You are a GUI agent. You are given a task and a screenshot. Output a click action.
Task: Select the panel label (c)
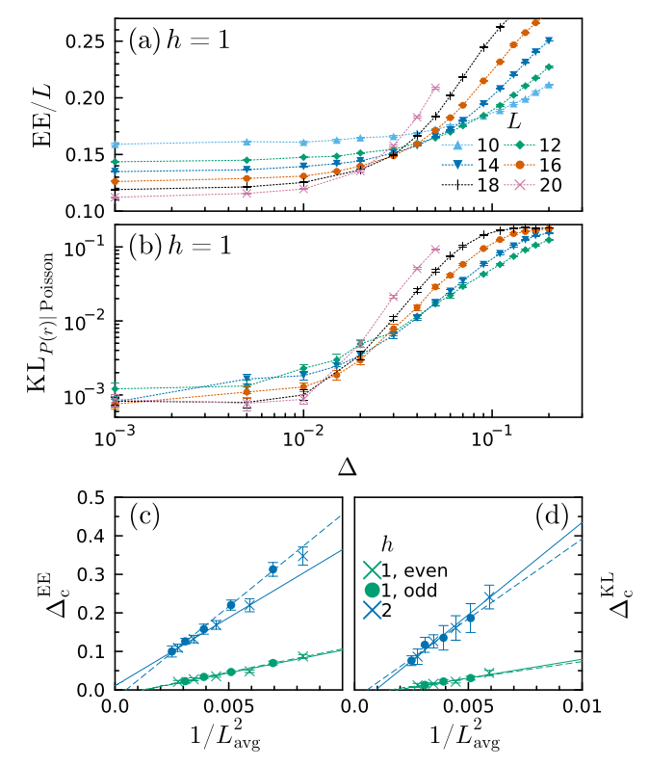tap(143, 517)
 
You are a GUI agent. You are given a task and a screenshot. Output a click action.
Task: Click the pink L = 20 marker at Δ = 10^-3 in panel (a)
tap(116, 197)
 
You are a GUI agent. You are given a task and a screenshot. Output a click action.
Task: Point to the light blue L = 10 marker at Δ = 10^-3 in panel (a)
tap(116, 145)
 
